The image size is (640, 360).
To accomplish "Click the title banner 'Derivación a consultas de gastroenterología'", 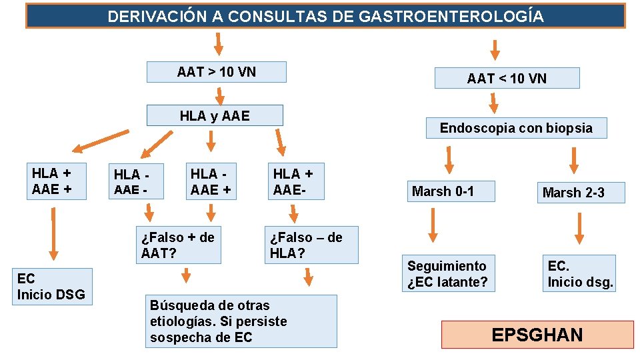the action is point(325,16).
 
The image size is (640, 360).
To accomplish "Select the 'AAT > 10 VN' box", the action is point(217,72).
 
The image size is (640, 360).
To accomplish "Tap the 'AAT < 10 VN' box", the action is point(507,79).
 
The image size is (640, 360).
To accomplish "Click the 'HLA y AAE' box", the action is point(215,116).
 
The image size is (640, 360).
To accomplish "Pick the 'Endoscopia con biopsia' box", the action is point(516,128).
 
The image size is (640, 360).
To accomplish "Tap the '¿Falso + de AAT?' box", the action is point(178,245).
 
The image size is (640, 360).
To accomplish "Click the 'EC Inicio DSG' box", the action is point(52,287).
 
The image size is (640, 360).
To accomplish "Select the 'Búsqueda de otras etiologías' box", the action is point(241,321).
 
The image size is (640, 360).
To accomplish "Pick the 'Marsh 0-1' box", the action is point(453,192).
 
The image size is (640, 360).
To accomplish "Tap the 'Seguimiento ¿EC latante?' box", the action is point(449,274).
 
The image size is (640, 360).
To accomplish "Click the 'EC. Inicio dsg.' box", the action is point(579,274).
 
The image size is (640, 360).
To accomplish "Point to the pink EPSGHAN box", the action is point(537,335).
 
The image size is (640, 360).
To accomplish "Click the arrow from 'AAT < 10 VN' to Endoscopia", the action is point(493,102).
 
